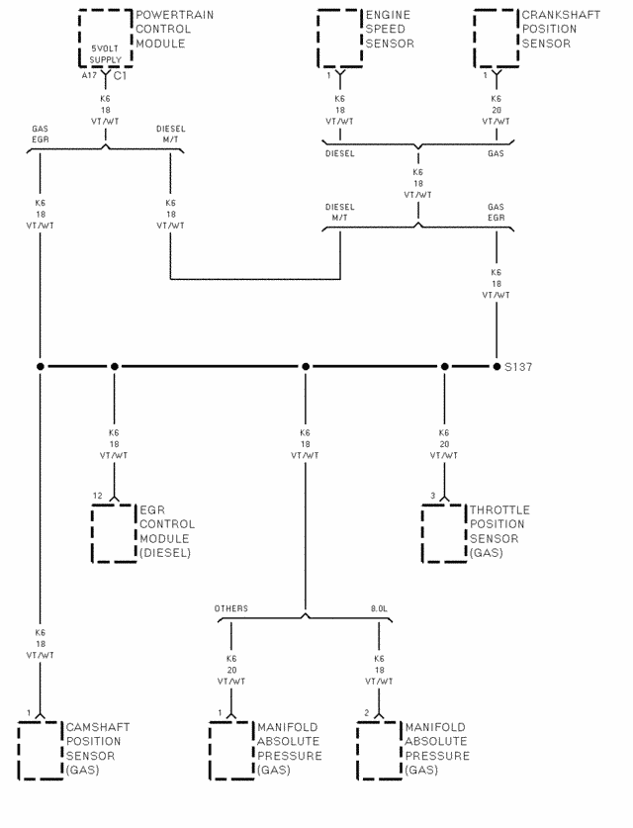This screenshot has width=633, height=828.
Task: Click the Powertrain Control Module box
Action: point(105,38)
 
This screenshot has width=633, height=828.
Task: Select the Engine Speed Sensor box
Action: point(340,38)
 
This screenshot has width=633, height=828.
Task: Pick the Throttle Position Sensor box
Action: point(444,533)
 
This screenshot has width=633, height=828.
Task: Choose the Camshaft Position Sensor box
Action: point(41,751)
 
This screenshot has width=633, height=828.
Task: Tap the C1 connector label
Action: point(120,75)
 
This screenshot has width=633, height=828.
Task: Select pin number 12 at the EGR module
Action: point(98,496)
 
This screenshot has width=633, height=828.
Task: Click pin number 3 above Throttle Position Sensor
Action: point(432,496)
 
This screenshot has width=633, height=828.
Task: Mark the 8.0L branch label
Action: point(380,608)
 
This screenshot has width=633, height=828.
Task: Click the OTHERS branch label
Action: point(231,608)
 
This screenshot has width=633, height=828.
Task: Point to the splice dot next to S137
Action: point(497,367)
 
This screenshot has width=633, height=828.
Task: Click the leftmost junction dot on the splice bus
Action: point(41,367)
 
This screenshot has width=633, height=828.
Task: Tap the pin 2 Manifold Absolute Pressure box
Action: point(380,751)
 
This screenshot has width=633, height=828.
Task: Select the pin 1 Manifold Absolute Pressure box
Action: point(231,751)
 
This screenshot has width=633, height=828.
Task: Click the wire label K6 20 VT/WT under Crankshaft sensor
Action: point(496,110)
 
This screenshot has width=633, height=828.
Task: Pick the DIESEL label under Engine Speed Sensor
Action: point(340,153)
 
